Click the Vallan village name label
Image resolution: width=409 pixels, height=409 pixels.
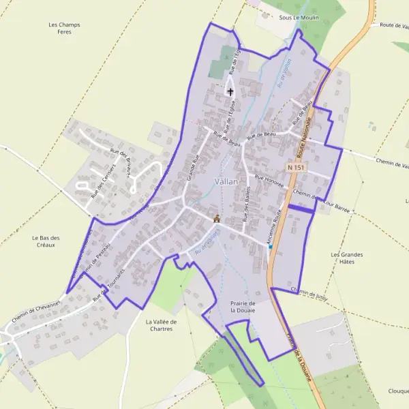pyautogui.click(x=226, y=181)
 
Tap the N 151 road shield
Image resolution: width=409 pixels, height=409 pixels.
pyautogui.click(x=295, y=167)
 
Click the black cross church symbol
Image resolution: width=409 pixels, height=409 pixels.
pyautogui.click(x=230, y=91)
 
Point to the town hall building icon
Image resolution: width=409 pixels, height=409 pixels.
pyautogui.click(x=217, y=218)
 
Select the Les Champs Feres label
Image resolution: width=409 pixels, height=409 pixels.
pyautogui.click(x=65, y=28)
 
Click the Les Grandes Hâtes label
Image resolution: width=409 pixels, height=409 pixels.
pyautogui.click(x=346, y=258)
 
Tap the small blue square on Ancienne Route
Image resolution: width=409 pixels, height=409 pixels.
pyautogui.click(x=271, y=246)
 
